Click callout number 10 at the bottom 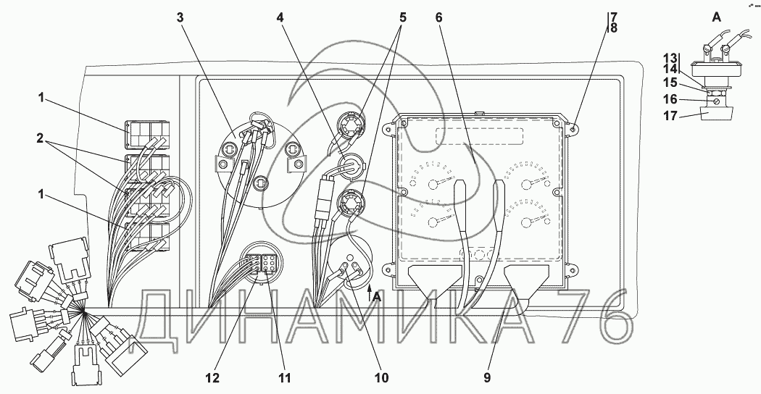click(380, 377)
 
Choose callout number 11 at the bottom click(284, 377)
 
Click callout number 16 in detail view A click(670, 98)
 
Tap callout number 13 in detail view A click(670, 58)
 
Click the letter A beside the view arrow click(377, 295)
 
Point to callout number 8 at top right click(612, 29)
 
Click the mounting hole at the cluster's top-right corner click(573, 128)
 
